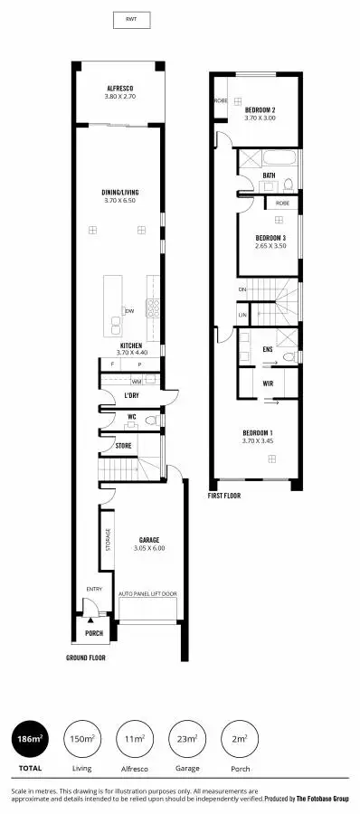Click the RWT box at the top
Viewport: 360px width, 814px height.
[x=131, y=19]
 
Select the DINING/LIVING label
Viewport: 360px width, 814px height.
[x=119, y=193]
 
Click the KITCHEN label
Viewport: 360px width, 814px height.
[x=131, y=345]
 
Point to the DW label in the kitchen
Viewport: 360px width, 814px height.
[x=130, y=311]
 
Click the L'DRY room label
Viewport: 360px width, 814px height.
[x=131, y=395]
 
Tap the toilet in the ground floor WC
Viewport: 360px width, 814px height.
[x=152, y=421]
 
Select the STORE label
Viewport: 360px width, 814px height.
[x=123, y=446]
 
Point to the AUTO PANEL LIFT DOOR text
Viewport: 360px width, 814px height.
[x=148, y=594]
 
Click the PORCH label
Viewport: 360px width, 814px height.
[x=94, y=633]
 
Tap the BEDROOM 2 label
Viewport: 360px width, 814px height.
[x=259, y=109]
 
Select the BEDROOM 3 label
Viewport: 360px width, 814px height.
[x=270, y=238]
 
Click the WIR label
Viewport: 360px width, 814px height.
[x=268, y=383]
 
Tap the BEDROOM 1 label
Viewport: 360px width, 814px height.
[x=259, y=432]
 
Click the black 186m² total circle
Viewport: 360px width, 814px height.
[x=29, y=739]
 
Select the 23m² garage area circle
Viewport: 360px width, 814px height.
[x=187, y=739]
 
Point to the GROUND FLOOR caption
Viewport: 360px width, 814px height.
[x=86, y=658]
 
